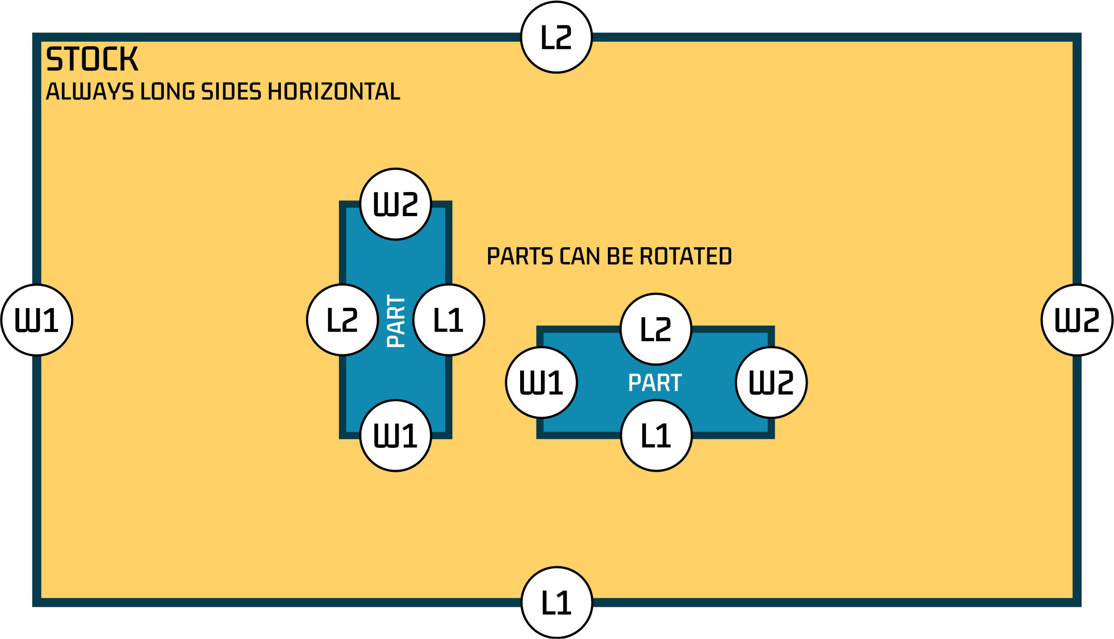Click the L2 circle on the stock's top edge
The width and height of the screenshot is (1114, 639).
[556, 38]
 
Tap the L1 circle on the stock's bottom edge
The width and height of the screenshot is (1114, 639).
[556, 602]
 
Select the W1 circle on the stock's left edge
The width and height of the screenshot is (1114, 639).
[37, 320]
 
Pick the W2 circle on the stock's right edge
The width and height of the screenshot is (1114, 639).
[1077, 320]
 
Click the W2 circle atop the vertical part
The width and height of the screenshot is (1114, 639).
[395, 204]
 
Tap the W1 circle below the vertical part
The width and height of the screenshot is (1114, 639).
[395, 436]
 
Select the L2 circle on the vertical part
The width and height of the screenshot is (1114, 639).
[342, 320]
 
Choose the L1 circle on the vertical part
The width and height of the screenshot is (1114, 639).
[449, 320]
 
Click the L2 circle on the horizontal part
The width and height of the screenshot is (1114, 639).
[656, 329]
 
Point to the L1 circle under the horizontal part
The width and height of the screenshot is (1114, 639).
[656, 436]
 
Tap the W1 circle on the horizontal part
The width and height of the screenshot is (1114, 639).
[541, 382]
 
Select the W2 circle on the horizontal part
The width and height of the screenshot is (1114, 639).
[771, 382]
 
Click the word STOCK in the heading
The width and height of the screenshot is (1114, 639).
[92, 59]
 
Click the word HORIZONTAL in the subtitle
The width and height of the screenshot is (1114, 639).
[334, 91]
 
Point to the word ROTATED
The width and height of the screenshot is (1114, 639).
[686, 256]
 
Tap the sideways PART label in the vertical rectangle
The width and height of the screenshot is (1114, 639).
[396, 321]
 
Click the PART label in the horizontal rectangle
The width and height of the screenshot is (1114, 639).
[655, 383]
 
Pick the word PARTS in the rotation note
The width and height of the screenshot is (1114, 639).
[520, 256]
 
